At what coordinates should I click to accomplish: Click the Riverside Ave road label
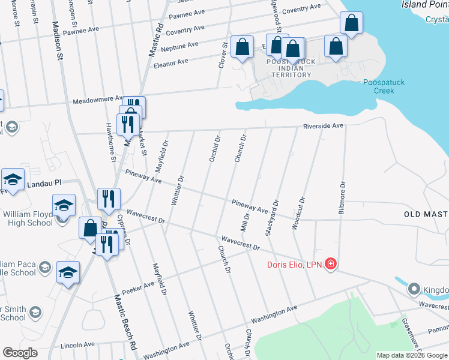323,126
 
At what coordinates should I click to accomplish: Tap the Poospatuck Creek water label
379,86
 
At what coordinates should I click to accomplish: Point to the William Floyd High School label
26,218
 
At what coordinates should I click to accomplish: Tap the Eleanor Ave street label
171,61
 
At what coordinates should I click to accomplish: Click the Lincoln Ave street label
78,346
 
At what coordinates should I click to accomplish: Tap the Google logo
21,353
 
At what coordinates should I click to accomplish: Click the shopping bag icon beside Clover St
242,47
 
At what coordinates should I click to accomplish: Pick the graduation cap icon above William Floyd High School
64,206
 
